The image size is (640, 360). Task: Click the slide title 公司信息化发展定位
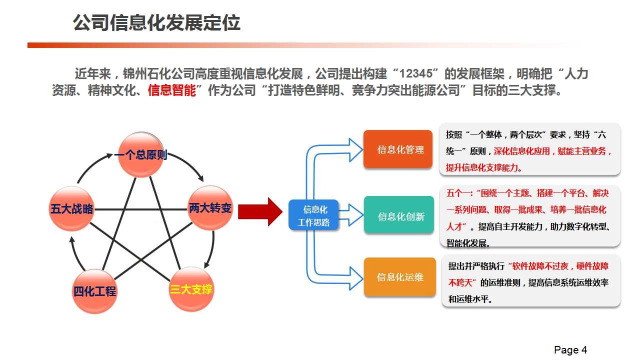click(156, 22)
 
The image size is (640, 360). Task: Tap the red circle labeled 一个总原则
click(141, 154)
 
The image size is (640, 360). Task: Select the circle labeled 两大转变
click(210, 207)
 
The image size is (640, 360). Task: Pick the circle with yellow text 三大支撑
click(191, 289)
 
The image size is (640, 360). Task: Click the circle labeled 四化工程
click(94, 291)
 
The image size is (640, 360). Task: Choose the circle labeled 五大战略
click(71, 208)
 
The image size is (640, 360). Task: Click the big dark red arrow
click(260, 211)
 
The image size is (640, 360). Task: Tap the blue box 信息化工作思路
click(313, 215)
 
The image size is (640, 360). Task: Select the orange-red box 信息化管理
click(397, 149)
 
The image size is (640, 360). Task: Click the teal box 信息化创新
click(399, 215)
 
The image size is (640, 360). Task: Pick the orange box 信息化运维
click(399, 277)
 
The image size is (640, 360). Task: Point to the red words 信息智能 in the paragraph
click(171, 90)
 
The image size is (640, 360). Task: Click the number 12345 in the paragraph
click(415, 73)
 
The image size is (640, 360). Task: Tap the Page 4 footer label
click(570, 349)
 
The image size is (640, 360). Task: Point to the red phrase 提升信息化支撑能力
click(481, 167)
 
